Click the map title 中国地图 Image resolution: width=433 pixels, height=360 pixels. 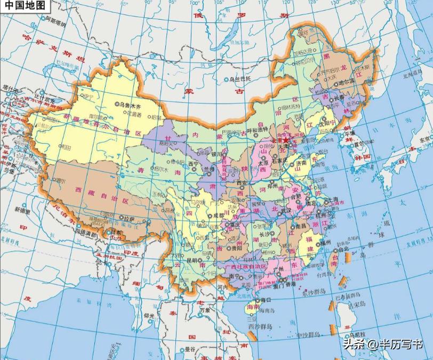pos(25,6)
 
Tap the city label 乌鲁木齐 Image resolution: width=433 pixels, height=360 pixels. pos(132,105)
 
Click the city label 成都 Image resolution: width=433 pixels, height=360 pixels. pos(219,215)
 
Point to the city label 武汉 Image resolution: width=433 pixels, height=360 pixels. pos(286,210)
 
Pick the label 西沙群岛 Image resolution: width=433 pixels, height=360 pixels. pos(260,326)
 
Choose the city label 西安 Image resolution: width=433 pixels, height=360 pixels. pos(243,183)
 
